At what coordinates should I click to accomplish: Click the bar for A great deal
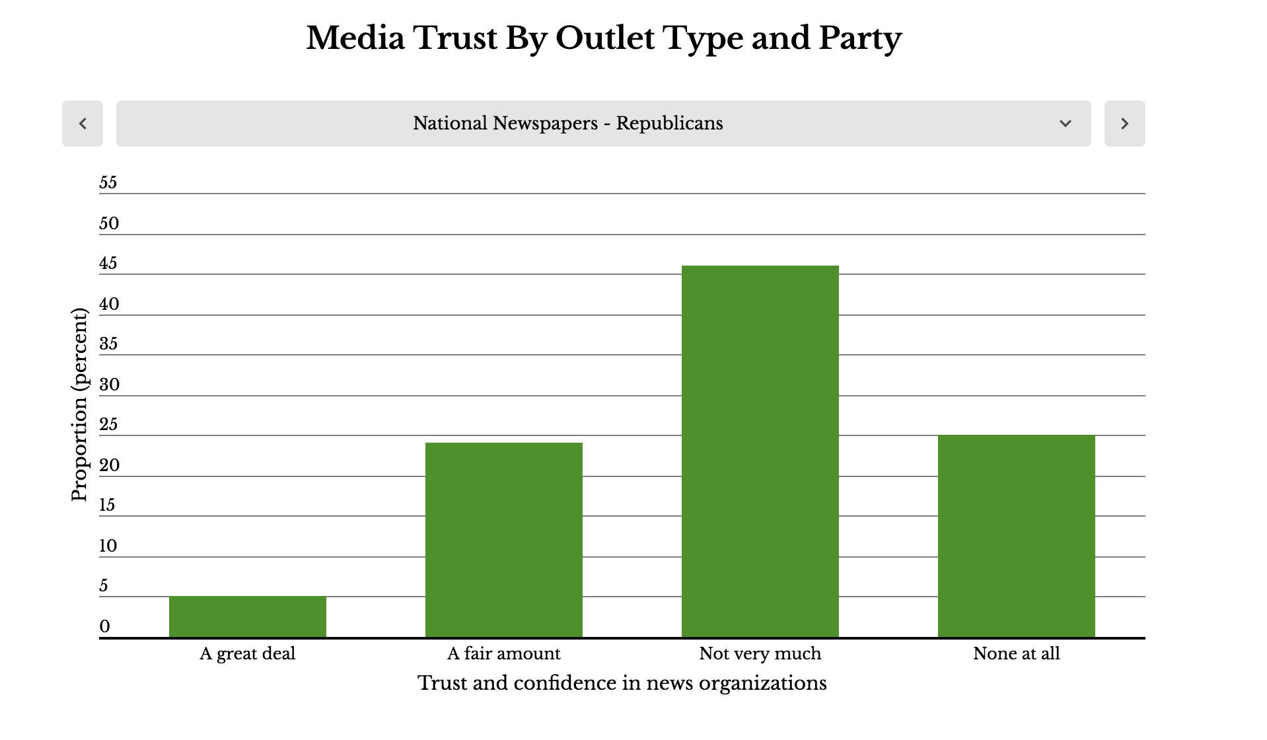tap(248, 617)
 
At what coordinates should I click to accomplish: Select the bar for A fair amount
tap(504, 540)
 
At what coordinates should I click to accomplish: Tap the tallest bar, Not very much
tap(760, 451)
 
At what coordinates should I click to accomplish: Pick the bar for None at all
tap(1017, 536)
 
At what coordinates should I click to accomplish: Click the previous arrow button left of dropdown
tap(83, 124)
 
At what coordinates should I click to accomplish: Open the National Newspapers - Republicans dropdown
tap(568, 124)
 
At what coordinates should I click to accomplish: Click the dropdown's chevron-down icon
tap(1065, 124)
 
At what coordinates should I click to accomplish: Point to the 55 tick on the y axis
tap(108, 183)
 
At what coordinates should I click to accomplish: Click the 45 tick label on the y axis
tap(108, 264)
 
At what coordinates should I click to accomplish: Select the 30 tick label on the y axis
tap(109, 385)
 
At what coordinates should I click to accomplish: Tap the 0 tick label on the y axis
tap(105, 626)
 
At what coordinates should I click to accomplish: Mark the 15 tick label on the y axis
tap(108, 505)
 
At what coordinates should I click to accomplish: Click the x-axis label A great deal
tap(248, 654)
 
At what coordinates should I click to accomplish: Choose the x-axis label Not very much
tap(760, 654)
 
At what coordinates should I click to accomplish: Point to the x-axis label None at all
tap(1017, 654)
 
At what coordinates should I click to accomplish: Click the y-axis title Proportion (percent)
tap(79, 404)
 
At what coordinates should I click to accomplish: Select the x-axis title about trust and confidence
tap(622, 683)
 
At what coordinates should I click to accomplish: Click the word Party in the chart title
tap(860, 38)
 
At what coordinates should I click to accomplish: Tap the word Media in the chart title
tap(355, 38)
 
